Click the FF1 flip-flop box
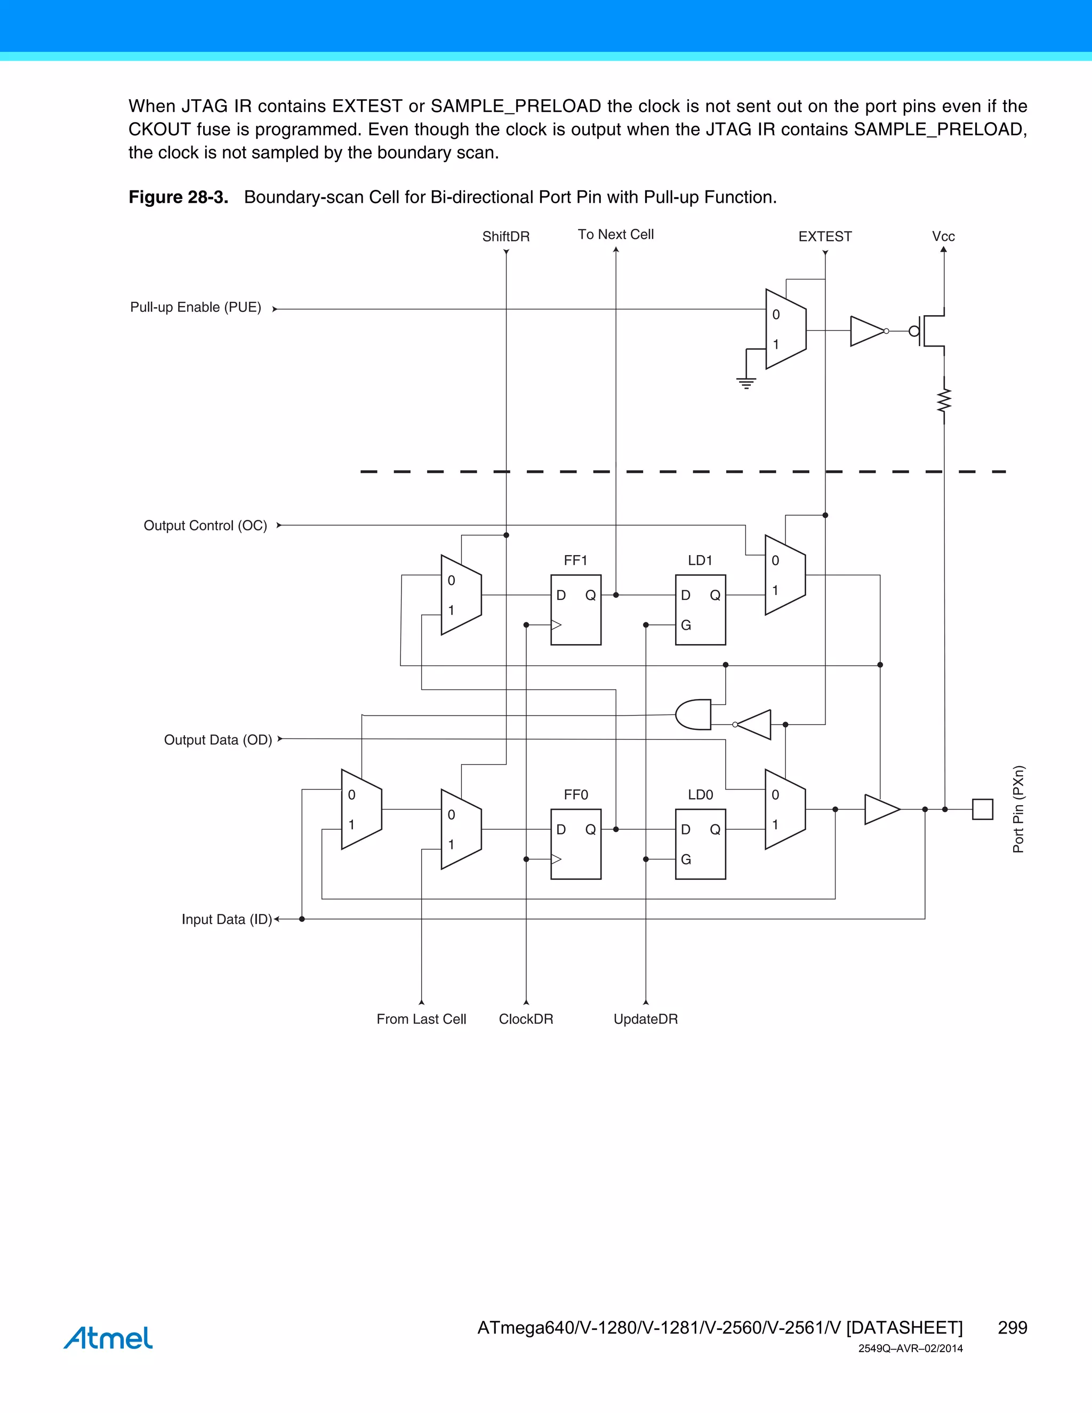coord(576,609)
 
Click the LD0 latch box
coord(700,844)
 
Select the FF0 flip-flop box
coord(576,844)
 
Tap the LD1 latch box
coord(700,609)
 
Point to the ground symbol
coord(746,382)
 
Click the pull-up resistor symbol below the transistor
coord(944,401)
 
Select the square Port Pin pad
coord(982,809)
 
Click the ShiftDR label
coord(506,237)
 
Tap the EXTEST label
coord(825,237)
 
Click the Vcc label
coord(943,237)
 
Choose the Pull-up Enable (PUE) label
coord(195,307)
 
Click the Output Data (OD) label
coord(218,740)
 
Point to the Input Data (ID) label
coord(227,919)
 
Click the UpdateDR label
coord(646,1019)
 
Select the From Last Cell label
coord(421,1019)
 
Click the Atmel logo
coord(108,1338)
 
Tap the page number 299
coord(1013,1328)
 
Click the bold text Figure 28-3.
coord(179,197)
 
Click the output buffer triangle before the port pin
coord(880,809)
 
